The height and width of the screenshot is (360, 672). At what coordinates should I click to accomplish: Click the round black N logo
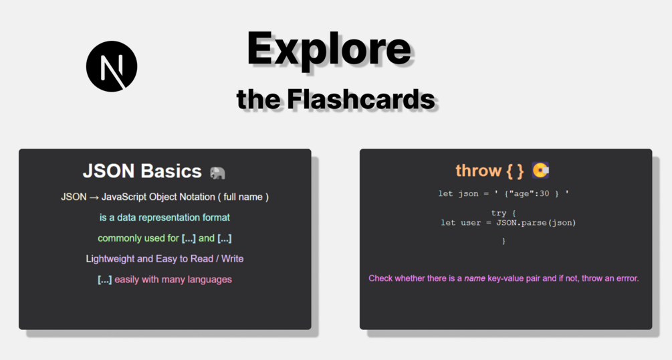click(x=112, y=66)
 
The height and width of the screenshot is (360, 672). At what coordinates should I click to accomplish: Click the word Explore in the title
click(x=329, y=50)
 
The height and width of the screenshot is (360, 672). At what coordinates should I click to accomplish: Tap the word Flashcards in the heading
click(x=361, y=99)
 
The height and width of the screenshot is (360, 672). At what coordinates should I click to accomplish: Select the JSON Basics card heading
click(x=142, y=171)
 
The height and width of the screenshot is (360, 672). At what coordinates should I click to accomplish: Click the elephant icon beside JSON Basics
click(x=217, y=173)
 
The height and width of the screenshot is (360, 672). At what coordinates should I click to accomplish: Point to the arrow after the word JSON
click(x=94, y=197)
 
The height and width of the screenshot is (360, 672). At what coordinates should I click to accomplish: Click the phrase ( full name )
click(x=243, y=197)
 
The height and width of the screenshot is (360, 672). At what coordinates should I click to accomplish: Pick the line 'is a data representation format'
click(x=164, y=217)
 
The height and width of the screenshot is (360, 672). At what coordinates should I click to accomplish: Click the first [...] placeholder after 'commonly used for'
click(x=189, y=239)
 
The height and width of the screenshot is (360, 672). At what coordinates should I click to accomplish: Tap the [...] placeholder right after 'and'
click(x=224, y=239)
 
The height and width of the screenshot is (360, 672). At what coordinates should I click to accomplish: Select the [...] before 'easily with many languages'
click(x=104, y=280)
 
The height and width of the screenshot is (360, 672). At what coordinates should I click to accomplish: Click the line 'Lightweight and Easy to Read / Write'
click(x=164, y=259)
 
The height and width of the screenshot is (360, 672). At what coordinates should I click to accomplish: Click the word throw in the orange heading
click(x=478, y=171)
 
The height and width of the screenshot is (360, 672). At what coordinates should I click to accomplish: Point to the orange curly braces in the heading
click(x=515, y=171)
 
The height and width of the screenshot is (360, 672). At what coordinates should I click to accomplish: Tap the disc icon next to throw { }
click(x=540, y=171)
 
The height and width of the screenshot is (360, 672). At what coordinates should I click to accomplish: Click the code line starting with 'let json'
click(x=503, y=193)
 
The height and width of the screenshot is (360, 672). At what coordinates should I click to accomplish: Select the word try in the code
click(x=498, y=213)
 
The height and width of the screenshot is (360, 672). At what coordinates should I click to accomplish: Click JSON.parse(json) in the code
click(x=536, y=223)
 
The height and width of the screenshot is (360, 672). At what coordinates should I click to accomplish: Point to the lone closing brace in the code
click(x=503, y=241)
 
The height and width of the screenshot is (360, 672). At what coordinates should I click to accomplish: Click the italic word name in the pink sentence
click(x=475, y=278)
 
